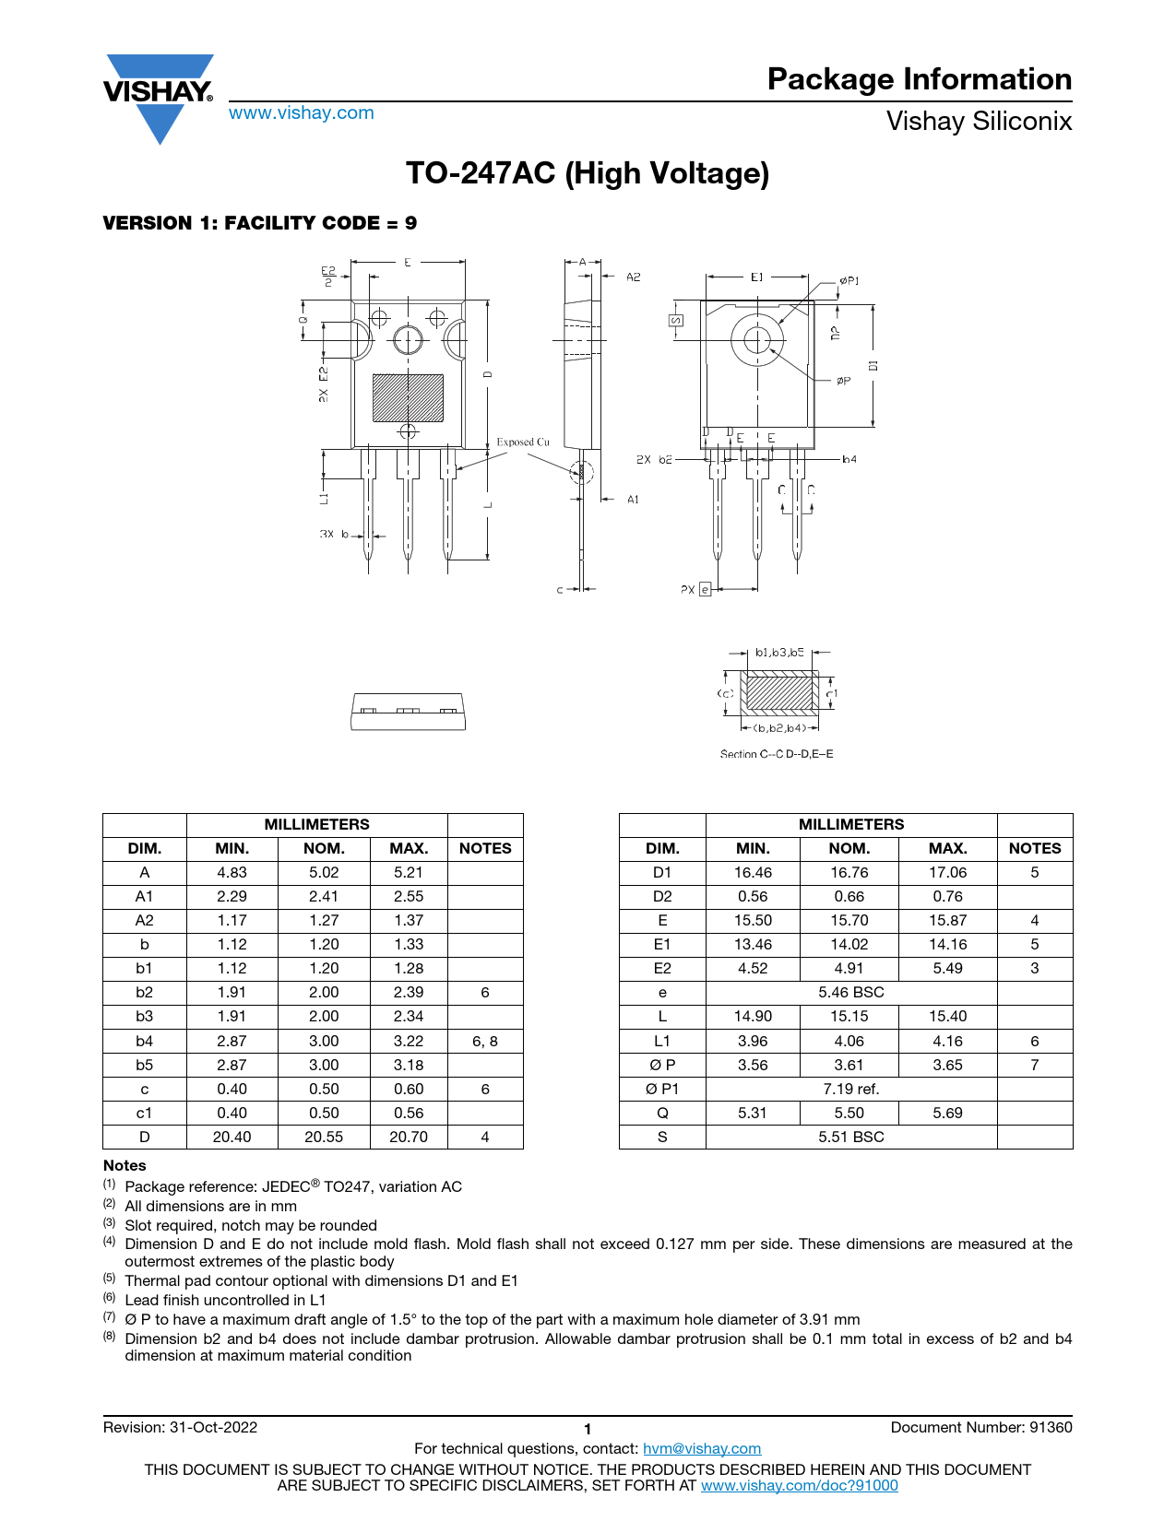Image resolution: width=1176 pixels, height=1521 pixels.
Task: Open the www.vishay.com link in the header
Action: pyautogui.click(x=302, y=113)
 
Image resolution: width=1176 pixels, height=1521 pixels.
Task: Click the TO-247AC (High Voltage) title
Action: pyautogui.click(x=588, y=173)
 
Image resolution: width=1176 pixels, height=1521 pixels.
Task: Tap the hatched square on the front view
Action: pyautogui.click(x=408, y=397)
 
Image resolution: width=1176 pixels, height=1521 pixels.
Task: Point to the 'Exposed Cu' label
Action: pyautogui.click(x=523, y=442)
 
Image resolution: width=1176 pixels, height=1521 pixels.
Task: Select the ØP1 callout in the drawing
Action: pyautogui.click(x=849, y=280)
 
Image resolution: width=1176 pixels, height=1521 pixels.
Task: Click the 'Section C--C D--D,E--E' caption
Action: pyautogui.click(x=777, y=754)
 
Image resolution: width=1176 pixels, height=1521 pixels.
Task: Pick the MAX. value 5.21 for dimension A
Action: pyautogui.click(x=409, y=873)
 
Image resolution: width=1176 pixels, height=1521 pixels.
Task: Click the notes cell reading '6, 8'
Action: pyautogui.click(x=485, y=1042)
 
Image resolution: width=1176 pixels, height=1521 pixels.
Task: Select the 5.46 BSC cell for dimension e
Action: pyautogui.click(x=851, y=993)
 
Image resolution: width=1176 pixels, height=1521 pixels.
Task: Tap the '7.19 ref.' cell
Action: pyautogui.click(x=851, y=1090)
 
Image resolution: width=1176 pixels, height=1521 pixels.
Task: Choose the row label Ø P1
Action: pyautogui.click(x=662, y=1090)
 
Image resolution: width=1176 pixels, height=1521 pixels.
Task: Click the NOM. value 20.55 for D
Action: pyautogui.click(x=324, y=1138)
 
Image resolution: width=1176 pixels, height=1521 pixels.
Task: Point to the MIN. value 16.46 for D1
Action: pyautogui.click(x=753, y=873)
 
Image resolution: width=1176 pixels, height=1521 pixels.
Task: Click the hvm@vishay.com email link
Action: pyautogui.click(x=702, y=1449)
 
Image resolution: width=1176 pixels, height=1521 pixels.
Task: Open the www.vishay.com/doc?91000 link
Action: pyautogui.click(x=800, y=1486)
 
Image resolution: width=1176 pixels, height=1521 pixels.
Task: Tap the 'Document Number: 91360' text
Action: pyautogui.click(x=981, y=1428)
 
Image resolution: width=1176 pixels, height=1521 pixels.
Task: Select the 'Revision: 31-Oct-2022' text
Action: pyautogui.click(x=181, y=1428)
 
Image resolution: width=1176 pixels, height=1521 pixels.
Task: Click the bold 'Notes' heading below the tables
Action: pyautogui.click(x=125, y=1166)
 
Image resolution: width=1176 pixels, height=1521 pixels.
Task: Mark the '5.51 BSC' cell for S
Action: pyautogui.click(x=851, y=1138)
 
